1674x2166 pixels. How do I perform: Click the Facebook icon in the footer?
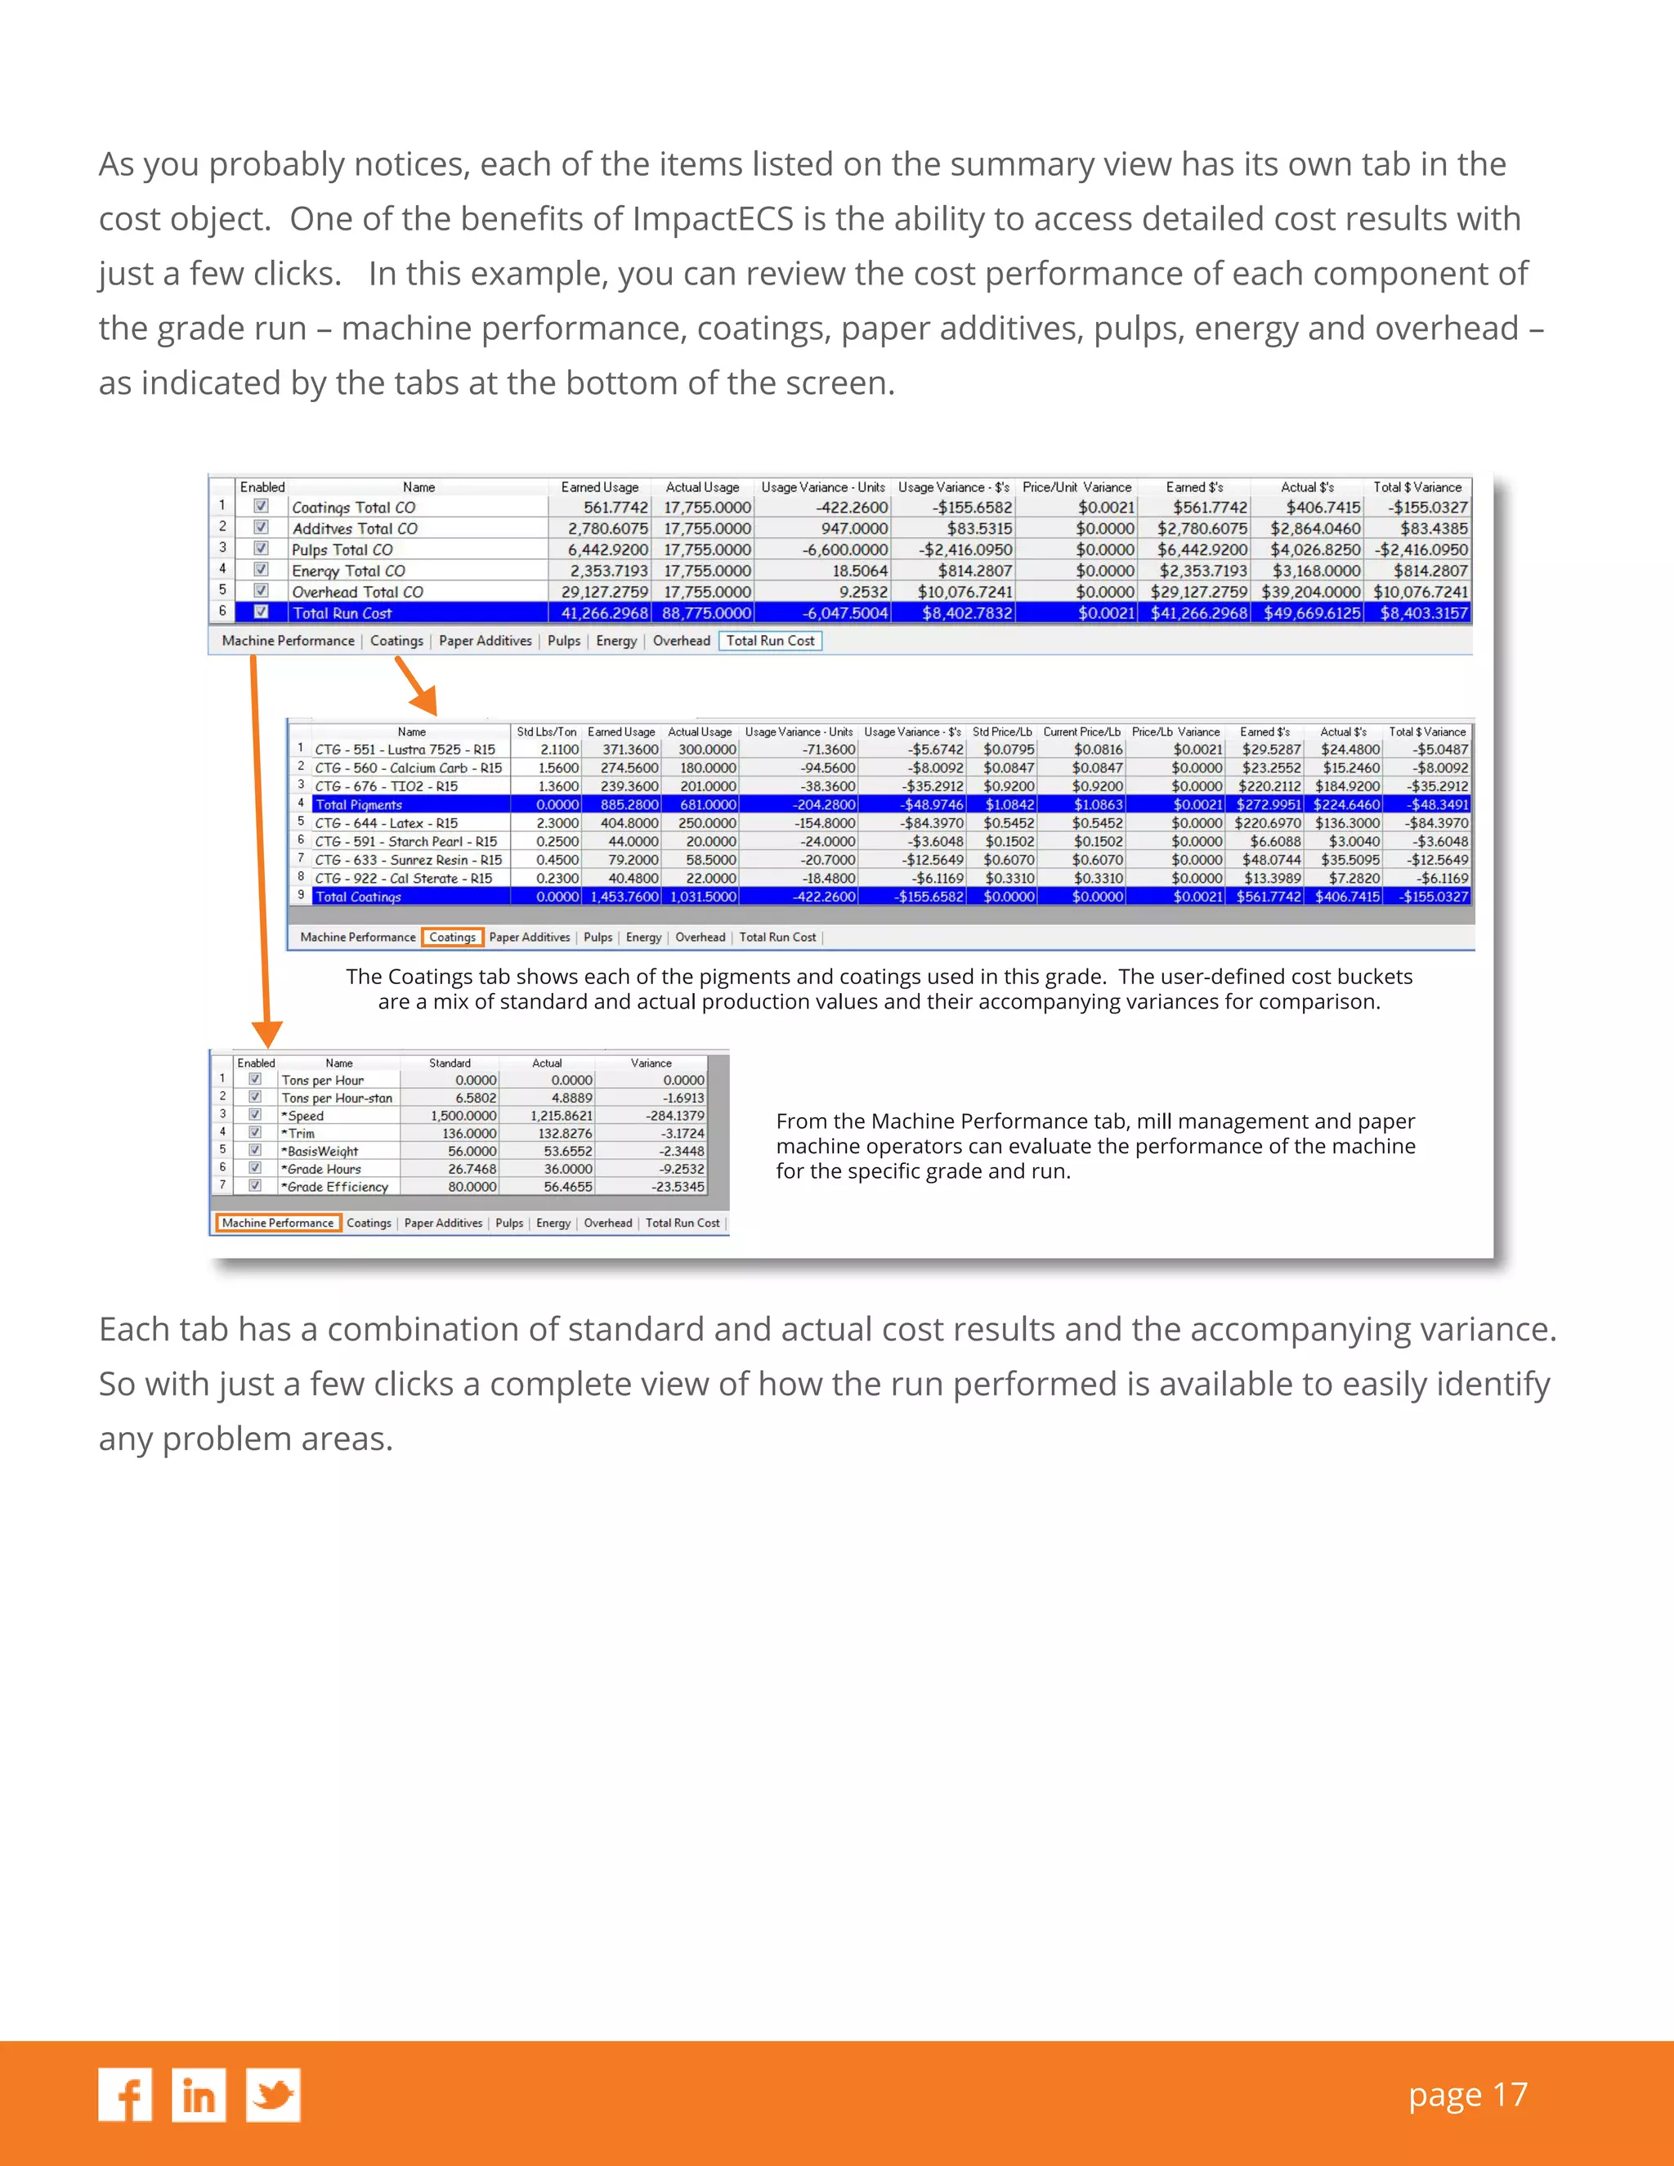point(125,2095)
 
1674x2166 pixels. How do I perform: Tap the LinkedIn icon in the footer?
point(199,2095)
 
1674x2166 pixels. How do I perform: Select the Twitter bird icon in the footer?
point(273,2095)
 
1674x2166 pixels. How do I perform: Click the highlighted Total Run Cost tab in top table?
point(769,641)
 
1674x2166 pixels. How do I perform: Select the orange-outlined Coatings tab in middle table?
point(452,938)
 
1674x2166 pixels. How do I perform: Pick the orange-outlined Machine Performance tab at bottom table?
point(278,1223)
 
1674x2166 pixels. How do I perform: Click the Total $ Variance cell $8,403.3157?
point(1423,613)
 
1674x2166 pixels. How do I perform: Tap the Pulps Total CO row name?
point(342,549)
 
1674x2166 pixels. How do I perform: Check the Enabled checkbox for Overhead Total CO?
point(261,591)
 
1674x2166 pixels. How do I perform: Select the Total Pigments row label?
point(358,804)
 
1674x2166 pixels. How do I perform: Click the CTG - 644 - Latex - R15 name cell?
point(386,823)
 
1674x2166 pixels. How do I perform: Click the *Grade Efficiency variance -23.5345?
point(678,1187)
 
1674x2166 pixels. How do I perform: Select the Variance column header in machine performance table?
point(651,1063)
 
